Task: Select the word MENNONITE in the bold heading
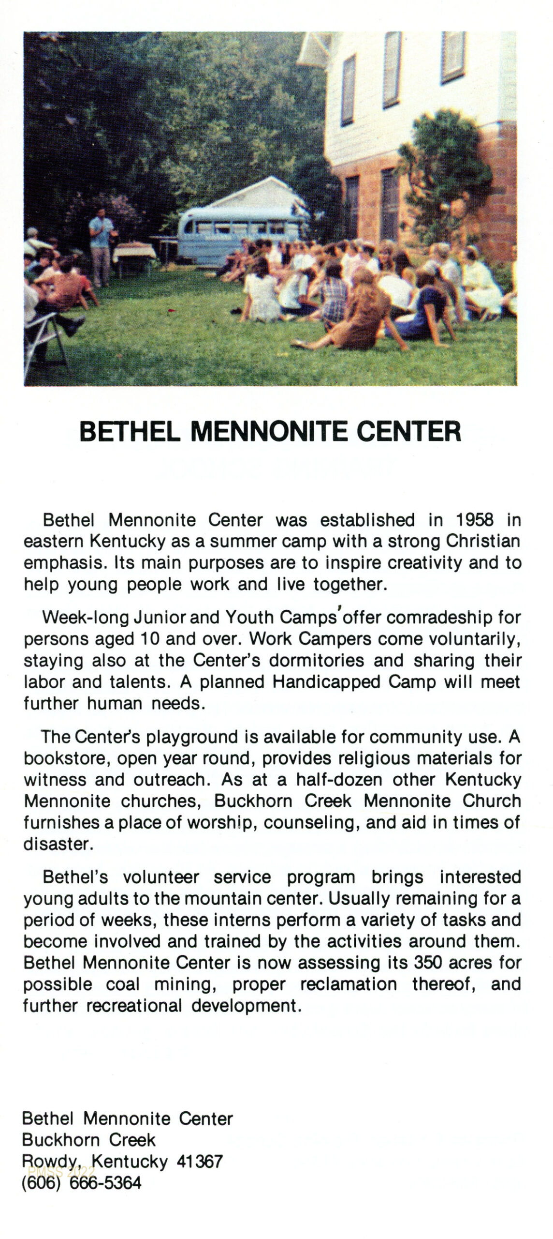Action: pos(269,432)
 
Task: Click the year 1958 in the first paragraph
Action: pos(474,520)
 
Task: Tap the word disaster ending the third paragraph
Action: pos(57,844)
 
